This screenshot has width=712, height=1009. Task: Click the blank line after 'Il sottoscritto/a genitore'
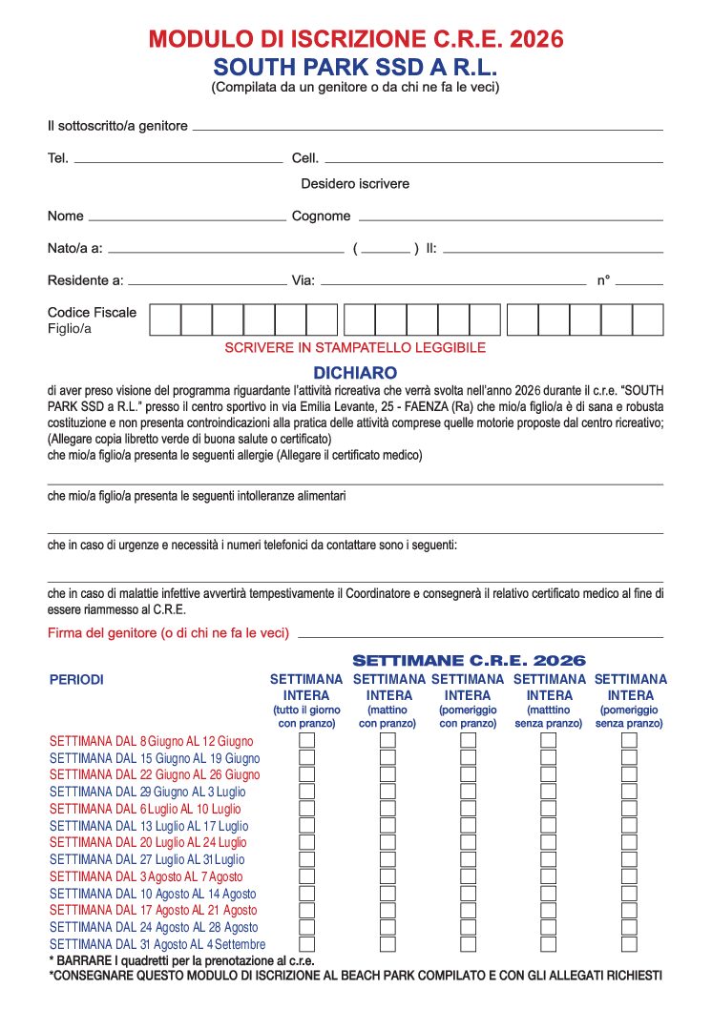(427, 128)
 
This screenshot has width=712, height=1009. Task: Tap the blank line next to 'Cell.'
(492, 160)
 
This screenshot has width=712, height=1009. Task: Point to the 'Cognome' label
(321, 216)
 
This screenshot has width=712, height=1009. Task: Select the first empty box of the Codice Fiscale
(165, 319)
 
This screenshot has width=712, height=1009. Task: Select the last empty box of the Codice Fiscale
(647, 319)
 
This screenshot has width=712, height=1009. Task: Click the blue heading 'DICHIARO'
(355, 373)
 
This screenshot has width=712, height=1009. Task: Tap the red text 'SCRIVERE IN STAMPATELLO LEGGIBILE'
(355, 348)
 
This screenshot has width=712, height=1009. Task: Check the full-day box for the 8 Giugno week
(307, 741)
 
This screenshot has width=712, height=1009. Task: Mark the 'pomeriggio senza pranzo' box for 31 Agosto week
(629, 944)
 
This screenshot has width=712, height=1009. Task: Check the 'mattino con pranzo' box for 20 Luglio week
(387, 843)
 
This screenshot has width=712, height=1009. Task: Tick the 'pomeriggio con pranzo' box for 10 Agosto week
(468, 894)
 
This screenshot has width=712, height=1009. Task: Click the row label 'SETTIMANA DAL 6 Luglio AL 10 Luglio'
(145, 809)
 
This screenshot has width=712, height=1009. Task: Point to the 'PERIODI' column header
(76, 680)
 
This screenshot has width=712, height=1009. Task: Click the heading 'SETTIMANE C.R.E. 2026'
(469, 660)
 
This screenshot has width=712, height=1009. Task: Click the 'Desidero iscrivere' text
(355, 183)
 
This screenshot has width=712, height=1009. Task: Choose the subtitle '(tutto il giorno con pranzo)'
(307, 717)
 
